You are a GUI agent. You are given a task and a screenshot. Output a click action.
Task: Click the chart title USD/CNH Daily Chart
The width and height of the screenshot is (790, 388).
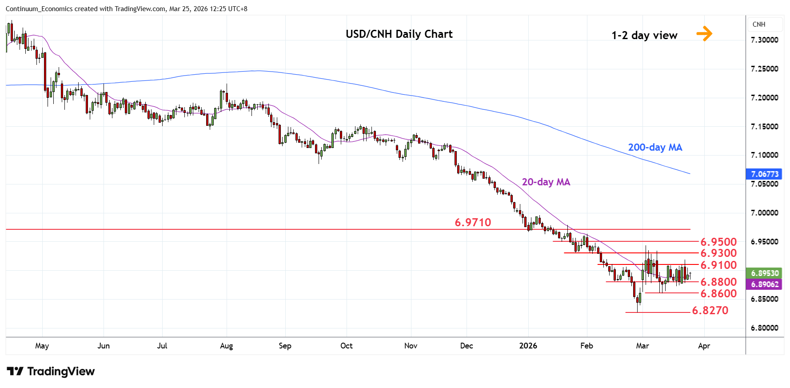click(399, 34)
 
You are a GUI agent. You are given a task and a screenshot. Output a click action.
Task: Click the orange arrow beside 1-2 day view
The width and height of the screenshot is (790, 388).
click(704, 33)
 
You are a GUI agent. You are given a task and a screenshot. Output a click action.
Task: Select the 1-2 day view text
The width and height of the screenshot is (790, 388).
click(644, 36)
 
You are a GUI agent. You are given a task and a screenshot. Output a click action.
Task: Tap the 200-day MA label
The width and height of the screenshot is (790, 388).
click(655, 148)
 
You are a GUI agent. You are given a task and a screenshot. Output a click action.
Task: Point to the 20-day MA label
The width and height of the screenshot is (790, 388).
click(546, 182)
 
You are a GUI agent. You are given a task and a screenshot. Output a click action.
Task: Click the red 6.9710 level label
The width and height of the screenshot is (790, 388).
click(473, 222)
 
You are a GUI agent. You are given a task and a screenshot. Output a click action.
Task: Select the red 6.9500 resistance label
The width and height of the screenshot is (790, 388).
click(718, 242)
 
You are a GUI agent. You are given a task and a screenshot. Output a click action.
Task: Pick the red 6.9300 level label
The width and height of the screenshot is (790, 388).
click(718, 253)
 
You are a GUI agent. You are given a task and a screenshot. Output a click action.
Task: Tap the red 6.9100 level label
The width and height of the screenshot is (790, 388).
click(718, 265)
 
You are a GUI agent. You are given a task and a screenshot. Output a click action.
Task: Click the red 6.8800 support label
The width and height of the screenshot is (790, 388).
click(718, 282)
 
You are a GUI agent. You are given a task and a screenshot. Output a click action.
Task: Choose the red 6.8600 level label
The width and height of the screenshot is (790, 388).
click(718, 294)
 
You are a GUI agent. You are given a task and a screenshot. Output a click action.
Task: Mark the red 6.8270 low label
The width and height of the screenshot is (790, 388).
click(710, 311)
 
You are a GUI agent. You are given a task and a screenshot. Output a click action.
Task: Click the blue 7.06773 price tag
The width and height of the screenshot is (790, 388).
click(764, 174)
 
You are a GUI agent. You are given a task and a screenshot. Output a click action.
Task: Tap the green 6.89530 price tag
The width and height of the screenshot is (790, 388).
click(764, 273)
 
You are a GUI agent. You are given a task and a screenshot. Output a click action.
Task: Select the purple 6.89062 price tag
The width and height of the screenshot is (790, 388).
click(764, 284)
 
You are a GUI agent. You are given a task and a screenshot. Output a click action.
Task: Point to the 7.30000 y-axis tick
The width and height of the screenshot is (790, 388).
click(764, 40)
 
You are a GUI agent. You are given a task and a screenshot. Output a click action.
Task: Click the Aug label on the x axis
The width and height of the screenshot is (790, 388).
click(227, 346)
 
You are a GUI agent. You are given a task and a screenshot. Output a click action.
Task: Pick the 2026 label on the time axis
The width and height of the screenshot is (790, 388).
click(528, 346)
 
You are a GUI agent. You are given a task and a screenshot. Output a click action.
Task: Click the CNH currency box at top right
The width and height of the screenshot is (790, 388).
click(759, 24)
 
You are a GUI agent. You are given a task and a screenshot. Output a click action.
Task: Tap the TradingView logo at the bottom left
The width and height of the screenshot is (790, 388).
click(51, 371)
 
